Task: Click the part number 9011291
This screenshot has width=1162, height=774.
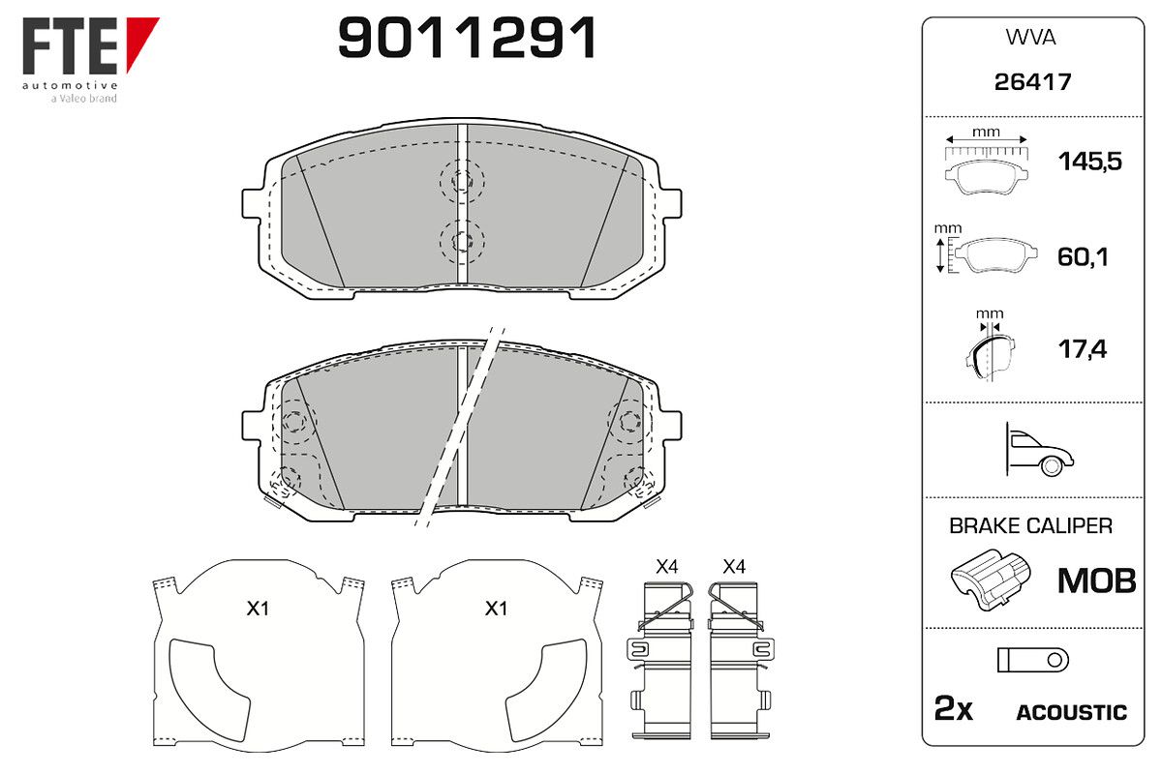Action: (467, 38)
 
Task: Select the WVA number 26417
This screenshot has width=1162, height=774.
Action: (1032, 82)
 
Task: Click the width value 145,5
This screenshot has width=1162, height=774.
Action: (1090, 162)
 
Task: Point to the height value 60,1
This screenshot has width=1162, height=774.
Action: (1083, 256)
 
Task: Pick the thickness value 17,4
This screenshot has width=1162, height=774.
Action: (1083, 349)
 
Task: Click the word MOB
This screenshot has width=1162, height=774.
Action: (1096, 580)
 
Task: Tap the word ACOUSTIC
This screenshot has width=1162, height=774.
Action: (1072, 713)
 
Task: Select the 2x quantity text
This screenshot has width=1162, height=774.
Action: (953, 708)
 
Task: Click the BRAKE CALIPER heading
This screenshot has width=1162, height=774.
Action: (1030, 526)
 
